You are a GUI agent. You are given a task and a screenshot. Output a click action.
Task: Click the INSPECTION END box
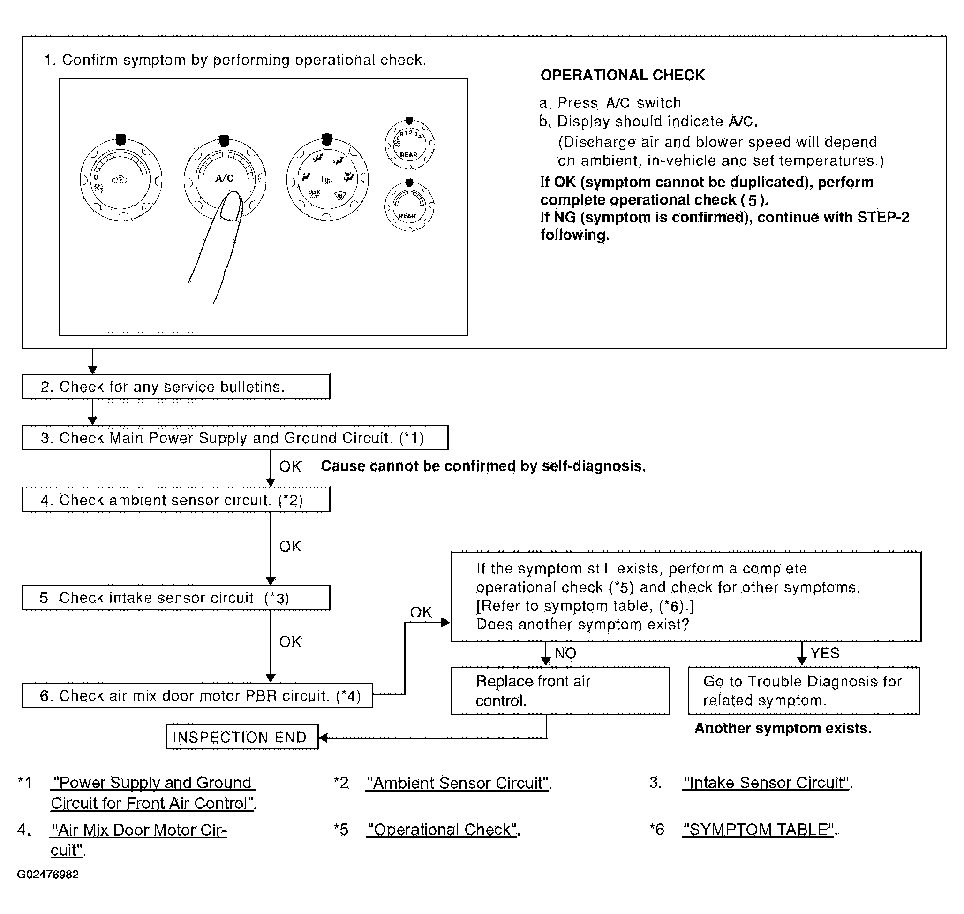click(242, 737)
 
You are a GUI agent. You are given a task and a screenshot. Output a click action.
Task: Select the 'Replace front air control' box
click(560, 690)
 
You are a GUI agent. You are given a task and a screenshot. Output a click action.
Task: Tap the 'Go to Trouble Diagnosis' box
click(803, 690)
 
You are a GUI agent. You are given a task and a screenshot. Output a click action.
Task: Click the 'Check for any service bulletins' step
click(176, 387)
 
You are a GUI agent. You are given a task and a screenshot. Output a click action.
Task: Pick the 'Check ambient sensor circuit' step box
click(176, 499)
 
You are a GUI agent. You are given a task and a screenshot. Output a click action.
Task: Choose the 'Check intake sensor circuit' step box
click(176, 598)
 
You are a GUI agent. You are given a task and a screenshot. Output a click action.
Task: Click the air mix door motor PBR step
click(197, 695)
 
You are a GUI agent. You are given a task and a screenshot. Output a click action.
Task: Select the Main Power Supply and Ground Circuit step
click(235, 437)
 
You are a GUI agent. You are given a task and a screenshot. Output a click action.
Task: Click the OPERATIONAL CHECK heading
click(622, 75)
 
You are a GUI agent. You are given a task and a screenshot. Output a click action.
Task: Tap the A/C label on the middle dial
click(225, 178)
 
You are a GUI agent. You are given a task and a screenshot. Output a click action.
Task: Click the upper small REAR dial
click(409, 143)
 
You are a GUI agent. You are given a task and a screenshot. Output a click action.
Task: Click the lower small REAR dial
click(409, 205)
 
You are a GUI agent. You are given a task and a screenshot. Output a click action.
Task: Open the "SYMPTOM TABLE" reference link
click(759, 830)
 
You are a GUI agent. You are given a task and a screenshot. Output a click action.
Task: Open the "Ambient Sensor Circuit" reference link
click(458, 783)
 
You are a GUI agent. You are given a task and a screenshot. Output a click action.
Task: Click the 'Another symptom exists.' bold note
click(783, 728)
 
